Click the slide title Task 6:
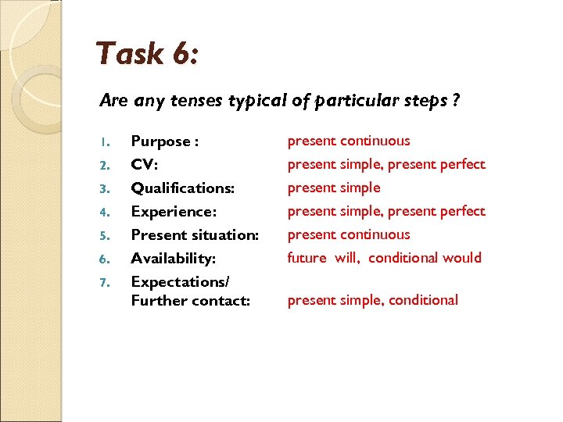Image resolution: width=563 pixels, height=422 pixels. coord(147,55)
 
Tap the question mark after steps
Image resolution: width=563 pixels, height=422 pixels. coord(455,101)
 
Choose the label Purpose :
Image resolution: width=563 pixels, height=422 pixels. coord(164,141)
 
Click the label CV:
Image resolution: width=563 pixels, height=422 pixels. coord(146,165)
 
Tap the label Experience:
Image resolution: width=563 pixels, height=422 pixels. coord(174,212)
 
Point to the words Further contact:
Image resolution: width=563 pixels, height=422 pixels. coord(190,300)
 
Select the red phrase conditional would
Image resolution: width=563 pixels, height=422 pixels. coord(425,258)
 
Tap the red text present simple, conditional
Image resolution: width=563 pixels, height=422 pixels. coord(372,300)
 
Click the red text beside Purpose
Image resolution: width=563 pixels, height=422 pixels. coord(348,141)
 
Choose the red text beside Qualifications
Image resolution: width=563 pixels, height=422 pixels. coord(334,188)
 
